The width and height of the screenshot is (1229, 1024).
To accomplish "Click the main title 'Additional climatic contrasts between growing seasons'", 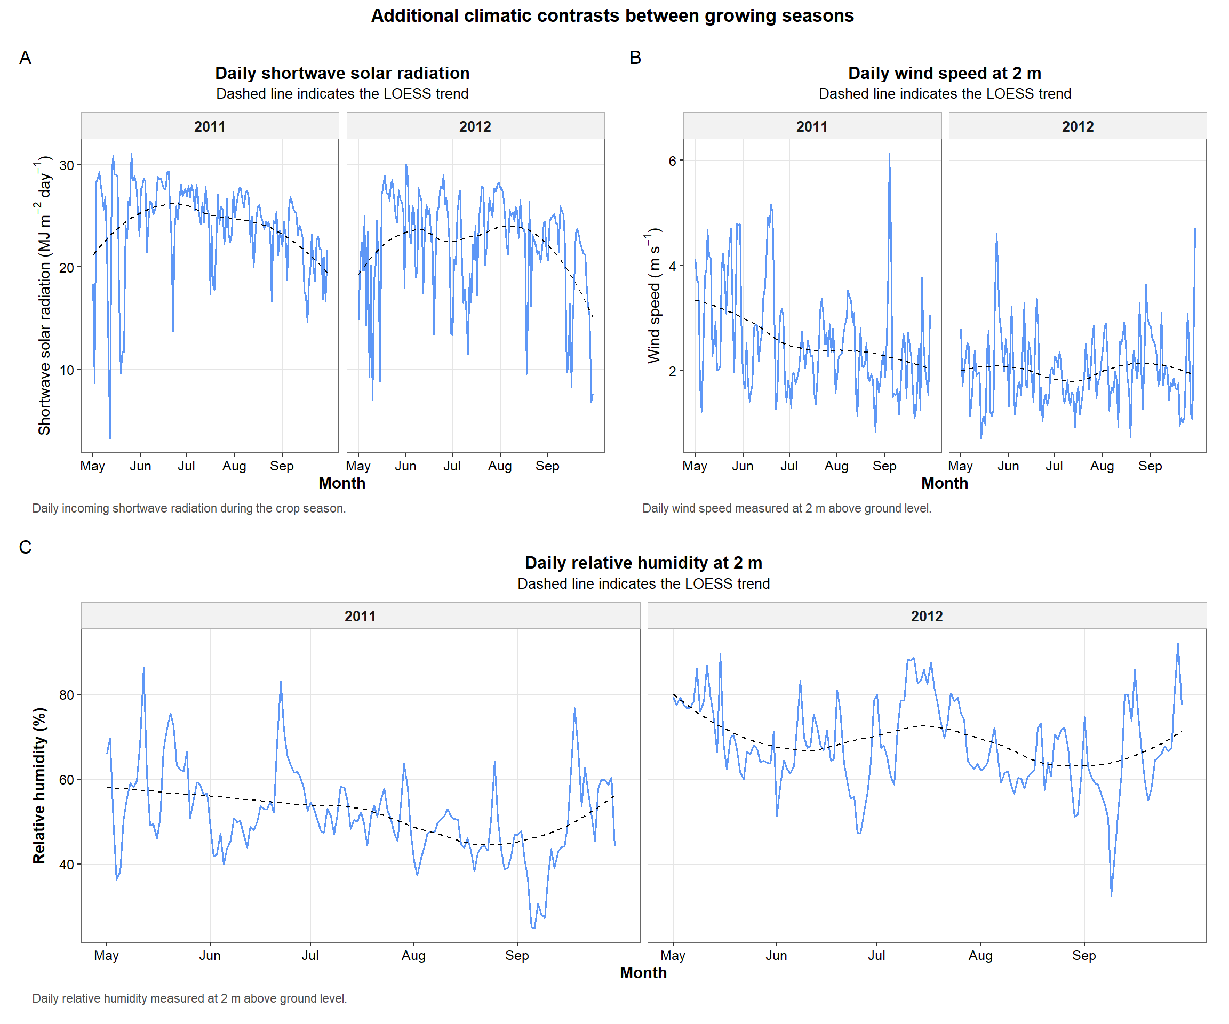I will tap(612, 16).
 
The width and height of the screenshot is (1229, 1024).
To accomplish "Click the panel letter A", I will tap(25, 58).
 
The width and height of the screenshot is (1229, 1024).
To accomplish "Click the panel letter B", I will tap(635, 58).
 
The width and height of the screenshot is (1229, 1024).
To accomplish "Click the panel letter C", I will tap(25, 547).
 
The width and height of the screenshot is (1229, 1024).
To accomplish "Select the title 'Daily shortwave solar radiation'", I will tap(342, 73).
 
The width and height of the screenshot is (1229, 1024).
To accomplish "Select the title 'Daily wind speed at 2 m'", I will tap(944, 73).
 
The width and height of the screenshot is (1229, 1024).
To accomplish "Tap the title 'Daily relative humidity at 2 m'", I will tap(643, 563).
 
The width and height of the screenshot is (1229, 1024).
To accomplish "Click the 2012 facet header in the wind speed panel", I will tap(1077, 126).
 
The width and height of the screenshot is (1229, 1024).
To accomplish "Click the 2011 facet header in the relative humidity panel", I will tap(360, 616).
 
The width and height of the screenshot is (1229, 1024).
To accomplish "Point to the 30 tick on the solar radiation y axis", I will tap(67, 165).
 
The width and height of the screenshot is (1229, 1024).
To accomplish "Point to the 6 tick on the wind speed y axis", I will tap(672, 161).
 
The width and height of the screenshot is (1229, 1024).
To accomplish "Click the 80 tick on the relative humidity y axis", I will tap(67, 695).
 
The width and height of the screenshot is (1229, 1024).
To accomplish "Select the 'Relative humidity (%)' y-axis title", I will tap(39, 785).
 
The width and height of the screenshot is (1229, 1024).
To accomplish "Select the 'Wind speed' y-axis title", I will tap(654, 295).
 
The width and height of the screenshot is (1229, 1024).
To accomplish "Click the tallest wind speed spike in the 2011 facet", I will tap(889, 155).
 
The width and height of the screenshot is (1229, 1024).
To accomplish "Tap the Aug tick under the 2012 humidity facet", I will tap(980, 956).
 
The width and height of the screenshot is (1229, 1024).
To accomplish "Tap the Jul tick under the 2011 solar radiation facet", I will tap(186, 466).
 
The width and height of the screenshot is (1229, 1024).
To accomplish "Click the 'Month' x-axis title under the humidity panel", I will tap(643, 973).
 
